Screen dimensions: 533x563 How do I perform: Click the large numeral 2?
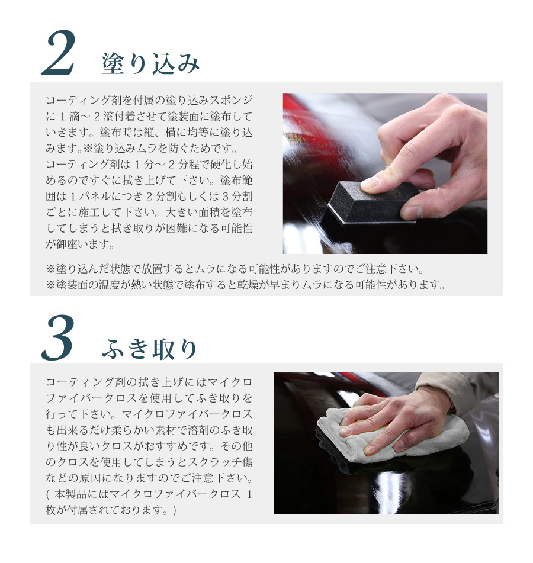58,53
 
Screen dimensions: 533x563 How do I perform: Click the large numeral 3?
57,337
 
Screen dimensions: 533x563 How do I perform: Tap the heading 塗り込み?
150,63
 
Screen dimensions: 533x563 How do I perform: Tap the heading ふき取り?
150,349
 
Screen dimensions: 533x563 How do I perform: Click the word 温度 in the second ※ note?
110,285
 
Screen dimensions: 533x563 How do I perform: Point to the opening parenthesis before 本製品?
48,494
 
